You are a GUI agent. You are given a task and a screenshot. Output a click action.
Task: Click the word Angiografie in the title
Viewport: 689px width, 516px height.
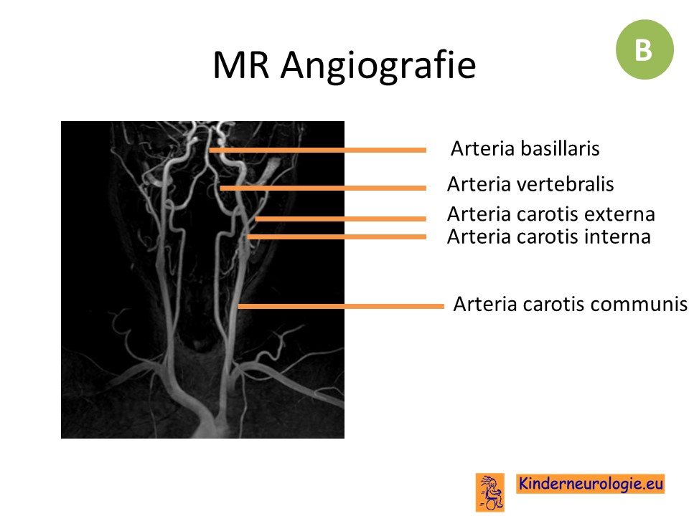click(x=378, y=66)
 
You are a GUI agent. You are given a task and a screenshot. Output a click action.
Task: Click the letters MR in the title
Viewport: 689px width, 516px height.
click(x=241, y=65)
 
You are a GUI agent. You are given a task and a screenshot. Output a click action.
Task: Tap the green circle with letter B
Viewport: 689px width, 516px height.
click(x=645, y=49)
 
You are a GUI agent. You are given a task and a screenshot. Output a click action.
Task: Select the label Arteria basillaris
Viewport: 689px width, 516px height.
click(x=525, y=148)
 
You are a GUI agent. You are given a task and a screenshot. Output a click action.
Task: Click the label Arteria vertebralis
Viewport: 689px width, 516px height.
click(x=530, y=184)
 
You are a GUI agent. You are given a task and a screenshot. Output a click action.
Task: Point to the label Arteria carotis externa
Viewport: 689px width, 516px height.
click(x=551, y=214)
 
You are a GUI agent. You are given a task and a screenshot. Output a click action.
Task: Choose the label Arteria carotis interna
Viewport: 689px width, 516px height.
click(x=549, y=237)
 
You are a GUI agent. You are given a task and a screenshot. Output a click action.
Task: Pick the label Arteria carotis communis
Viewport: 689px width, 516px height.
click(x=570, y=304)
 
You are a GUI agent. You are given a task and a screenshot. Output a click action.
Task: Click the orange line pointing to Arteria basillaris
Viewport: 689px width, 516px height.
click(x=318, y=150)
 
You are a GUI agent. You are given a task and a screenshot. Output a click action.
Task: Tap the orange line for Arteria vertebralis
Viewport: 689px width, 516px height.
click(x=323, y=188)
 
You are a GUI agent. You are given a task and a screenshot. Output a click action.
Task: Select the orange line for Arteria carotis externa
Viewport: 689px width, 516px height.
click(x=340, y=219)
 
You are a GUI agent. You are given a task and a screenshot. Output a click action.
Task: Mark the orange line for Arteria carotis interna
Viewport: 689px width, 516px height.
click(x=337, y=237)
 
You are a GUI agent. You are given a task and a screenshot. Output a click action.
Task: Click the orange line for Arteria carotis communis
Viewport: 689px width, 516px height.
click(x=341, y=306)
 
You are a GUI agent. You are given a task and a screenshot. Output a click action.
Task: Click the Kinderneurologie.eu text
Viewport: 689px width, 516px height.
click(x=591, y=484)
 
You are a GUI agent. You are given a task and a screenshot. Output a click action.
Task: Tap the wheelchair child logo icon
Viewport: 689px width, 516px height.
click(x=490, y=492)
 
